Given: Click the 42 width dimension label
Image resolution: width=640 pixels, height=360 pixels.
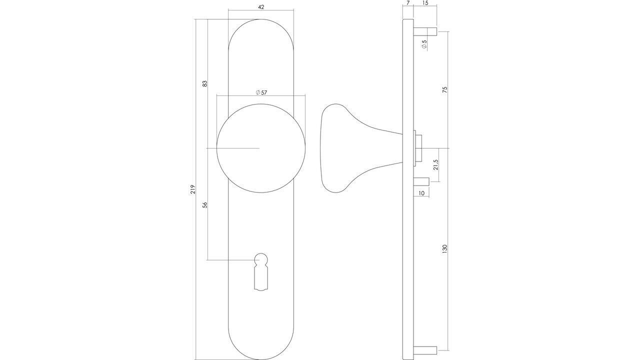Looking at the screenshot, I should click(x=260, y=7).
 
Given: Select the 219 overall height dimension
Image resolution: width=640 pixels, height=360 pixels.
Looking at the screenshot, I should click(x=192, y=189).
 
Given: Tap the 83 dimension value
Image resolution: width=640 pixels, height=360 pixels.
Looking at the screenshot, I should click(x=204, y=83).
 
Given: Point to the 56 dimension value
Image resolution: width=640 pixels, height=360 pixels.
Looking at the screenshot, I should click(x=204, y=204).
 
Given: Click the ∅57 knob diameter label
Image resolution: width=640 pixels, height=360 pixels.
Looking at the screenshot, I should click(x=261, y=92).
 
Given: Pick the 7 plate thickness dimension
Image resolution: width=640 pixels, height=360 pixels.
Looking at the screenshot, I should click(x=408, y=3).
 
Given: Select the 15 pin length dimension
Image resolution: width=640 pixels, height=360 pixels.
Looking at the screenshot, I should click(x=425, y=3).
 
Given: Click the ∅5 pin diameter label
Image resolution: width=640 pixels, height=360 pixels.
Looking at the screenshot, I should click(x=424, y=44).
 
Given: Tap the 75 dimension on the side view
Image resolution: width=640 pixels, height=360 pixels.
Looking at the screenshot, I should click(x=444, y=90).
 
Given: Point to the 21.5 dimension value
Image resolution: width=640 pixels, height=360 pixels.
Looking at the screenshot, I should click(x=435, y=165).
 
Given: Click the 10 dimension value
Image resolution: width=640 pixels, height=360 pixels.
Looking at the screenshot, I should click(x=421, y=193).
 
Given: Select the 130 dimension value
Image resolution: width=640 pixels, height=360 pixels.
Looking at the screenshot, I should click(x=444, y=248).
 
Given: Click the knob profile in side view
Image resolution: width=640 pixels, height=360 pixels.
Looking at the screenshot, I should click(x=350, y=148).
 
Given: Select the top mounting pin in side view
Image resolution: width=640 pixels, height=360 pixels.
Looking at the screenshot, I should click(x=425, y=32).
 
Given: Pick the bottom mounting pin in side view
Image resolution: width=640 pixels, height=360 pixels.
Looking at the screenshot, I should click(x=425, y=349).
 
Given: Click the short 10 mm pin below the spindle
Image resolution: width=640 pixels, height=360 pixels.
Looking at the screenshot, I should click(x=421, y=181).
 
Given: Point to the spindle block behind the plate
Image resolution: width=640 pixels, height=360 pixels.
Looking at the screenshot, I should click(x=418, y=148).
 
